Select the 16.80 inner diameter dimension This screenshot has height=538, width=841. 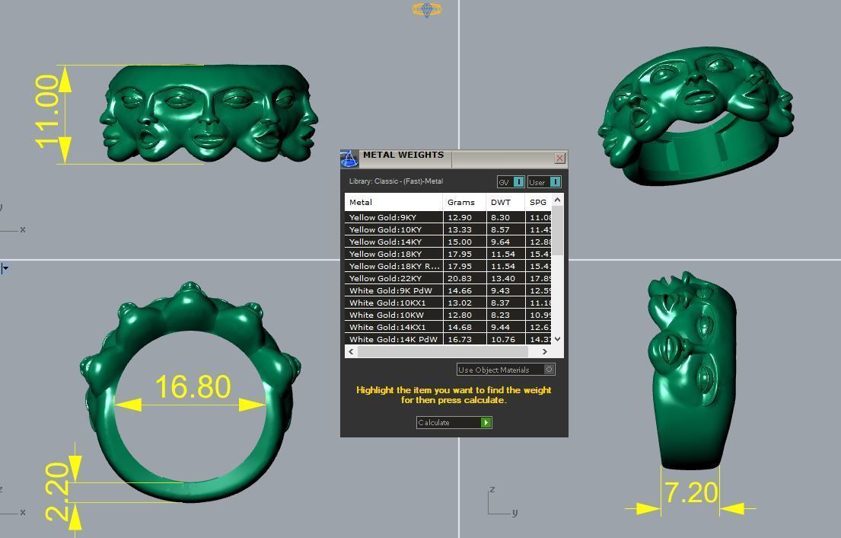click(193, 387)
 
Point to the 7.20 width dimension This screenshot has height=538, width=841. click(690, 493)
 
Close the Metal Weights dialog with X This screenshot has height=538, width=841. click(560, 159)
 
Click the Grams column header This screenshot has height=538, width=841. click(461, 202)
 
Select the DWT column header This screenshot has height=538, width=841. click(501, 202)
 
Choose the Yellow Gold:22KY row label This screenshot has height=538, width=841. click(385, 278)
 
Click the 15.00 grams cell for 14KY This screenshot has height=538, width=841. click(460, 242)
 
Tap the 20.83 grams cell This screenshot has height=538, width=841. click(460, 278)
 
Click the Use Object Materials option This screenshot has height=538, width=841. click(505, 370)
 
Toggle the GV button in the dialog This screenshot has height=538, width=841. click(511, 182)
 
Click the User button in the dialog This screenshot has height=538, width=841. click(544, 182)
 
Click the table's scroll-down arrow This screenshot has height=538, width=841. click(558, 338)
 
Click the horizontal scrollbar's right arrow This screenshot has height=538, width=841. click(544, 351)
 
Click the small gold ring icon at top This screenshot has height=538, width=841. click(427, 9)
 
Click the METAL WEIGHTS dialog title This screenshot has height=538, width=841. click(403, 155)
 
